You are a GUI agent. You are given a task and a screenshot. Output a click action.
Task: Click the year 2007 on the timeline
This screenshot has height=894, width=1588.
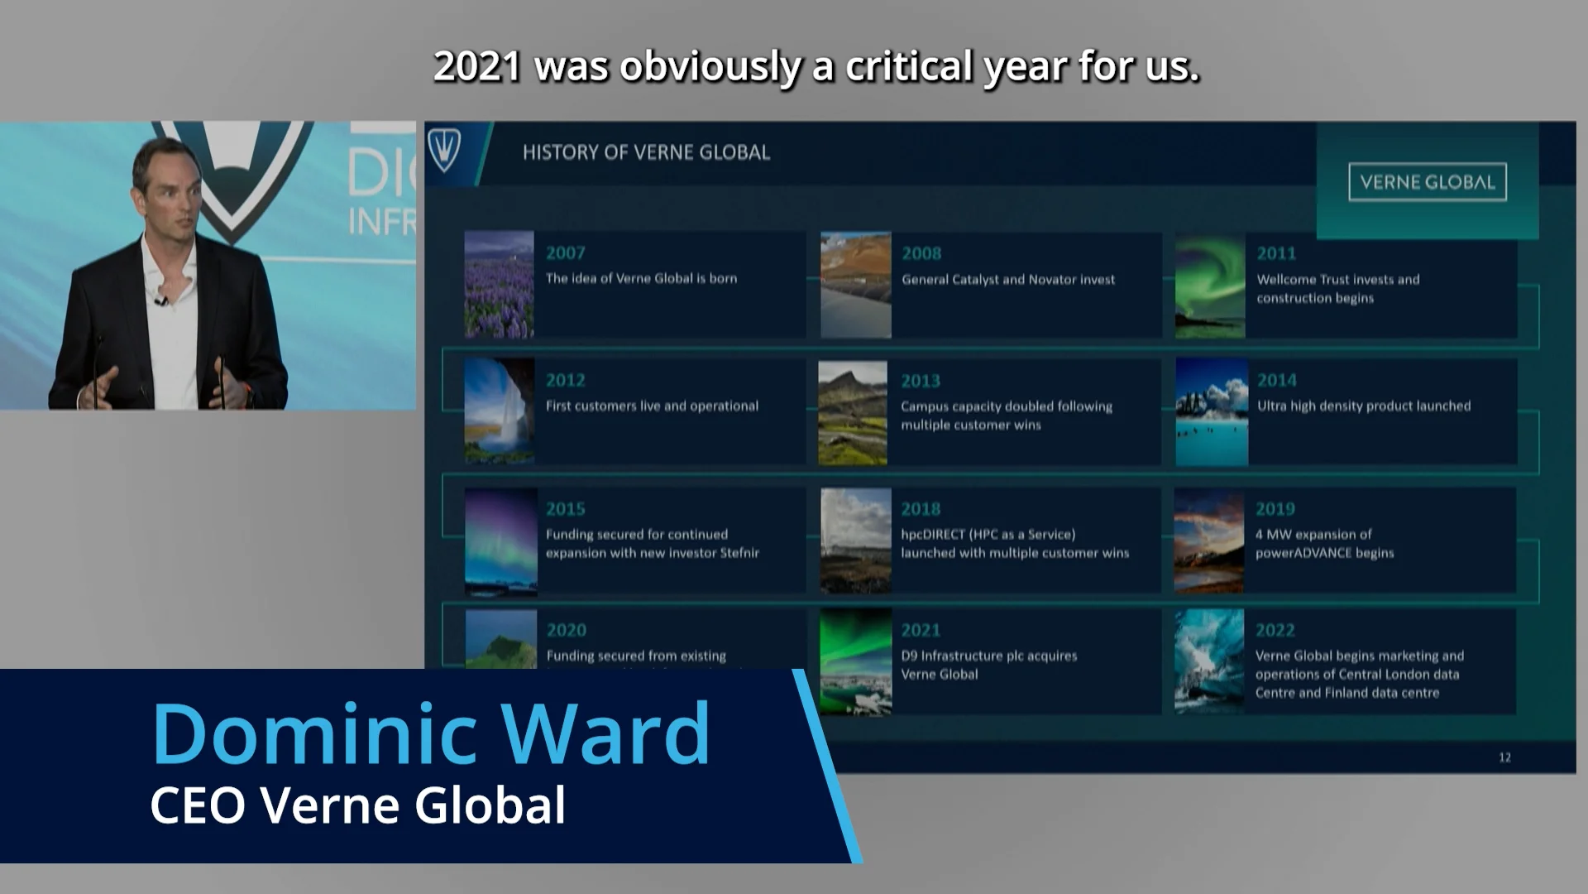[x=565, y=253]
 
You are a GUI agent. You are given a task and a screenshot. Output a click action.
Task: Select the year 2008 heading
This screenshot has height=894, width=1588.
[x=921, y=253]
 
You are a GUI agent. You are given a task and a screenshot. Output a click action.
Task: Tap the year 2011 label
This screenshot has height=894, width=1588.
[x=1276, y=253]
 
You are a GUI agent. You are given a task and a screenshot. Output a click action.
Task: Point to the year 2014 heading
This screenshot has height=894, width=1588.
[x=1277, y=381]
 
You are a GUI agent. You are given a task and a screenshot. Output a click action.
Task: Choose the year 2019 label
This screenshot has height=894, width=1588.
[x=1275, y=509]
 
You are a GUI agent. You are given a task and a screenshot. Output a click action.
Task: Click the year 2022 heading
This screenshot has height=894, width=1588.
[x=1275, y=631]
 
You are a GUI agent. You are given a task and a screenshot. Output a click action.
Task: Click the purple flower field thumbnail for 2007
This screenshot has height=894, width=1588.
[x=499, y=285]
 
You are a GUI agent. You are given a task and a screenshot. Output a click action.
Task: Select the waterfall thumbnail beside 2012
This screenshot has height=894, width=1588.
[x=499, y=411]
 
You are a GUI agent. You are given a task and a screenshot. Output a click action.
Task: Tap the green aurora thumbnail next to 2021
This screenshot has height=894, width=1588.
[x=855, y=662]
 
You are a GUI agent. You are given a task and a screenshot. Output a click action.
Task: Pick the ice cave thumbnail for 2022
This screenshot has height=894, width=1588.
[x=1209, y=662]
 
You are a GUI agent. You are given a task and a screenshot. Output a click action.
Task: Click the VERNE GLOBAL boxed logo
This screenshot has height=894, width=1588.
[x=1428, y=182]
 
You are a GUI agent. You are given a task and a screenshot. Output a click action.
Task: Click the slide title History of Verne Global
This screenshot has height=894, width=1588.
[x=646, y=152]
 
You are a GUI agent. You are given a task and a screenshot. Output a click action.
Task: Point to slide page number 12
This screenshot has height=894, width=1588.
[x=1504, y=757]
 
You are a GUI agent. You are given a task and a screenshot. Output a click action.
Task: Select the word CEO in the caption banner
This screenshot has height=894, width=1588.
[x=197, y=805]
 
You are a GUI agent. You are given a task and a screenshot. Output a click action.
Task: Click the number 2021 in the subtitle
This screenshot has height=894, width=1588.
[x=477, y=66]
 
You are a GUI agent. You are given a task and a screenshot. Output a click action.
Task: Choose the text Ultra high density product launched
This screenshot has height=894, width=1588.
[x=1364, y=406]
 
